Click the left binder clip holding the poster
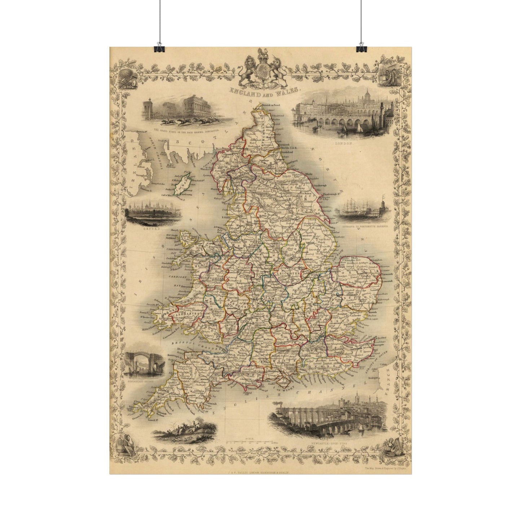(159, 47)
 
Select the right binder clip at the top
(361, 47)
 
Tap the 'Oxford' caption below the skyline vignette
(142, 229)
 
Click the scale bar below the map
(252, 441)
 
